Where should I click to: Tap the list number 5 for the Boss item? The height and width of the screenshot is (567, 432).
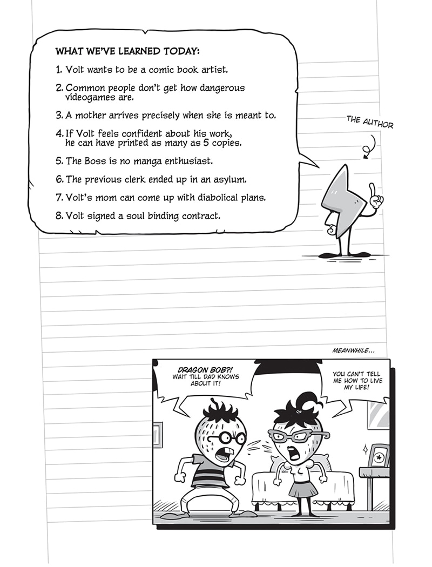point(59,161)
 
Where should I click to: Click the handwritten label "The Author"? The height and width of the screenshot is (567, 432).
point(370,122)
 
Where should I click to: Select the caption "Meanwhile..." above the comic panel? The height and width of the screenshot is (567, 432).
point(354,352)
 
